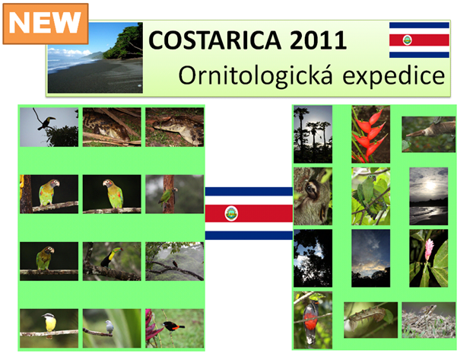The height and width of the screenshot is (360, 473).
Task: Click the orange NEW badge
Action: click(46, 24)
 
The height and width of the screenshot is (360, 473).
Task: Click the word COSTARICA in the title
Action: click(214, 40)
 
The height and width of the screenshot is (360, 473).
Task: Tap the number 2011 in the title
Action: click(318, 40)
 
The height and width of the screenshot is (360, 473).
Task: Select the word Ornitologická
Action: click(256, 75)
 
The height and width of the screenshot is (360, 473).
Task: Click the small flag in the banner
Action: click(419, 40)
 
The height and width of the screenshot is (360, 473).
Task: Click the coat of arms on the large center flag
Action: click(231, 213)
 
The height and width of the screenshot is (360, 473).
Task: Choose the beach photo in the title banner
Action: click(95, 58)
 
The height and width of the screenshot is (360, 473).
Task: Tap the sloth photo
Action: click(313, 196)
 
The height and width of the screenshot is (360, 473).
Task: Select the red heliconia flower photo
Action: click(370, 134)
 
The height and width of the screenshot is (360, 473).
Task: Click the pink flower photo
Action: click(428, 258)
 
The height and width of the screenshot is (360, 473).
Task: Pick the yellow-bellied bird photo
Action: click(49, 328)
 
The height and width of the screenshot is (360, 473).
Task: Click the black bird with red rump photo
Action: click(174, 328)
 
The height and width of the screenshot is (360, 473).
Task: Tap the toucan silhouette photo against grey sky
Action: click(49, 127)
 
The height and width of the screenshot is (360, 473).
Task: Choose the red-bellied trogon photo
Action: click(313, 320)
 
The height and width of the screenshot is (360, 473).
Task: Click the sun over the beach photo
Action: click(428, 196)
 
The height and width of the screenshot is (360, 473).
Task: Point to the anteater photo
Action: click(428, 135)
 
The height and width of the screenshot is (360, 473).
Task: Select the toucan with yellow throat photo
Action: click(112, 261)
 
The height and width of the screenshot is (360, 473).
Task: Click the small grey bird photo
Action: click(112, 328)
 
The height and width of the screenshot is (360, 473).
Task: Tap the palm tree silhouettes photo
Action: click(313, 134)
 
